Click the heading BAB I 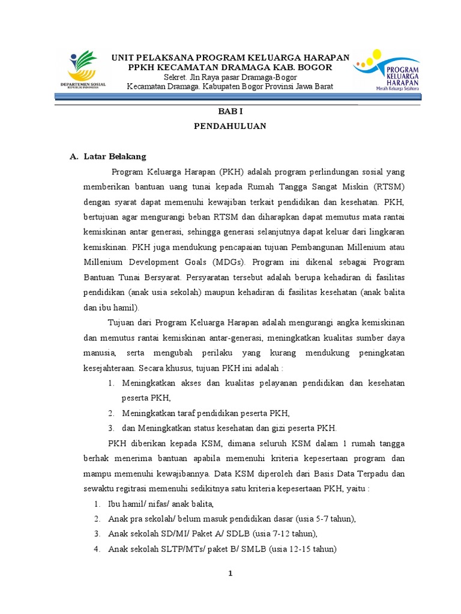pos(230,112)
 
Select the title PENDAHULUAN pos(230,127)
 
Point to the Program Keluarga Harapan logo pos(385,70)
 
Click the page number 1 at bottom pos(230,574)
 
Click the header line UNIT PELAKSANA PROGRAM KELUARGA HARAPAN pos(230,57)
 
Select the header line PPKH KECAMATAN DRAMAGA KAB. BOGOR pos(230,67)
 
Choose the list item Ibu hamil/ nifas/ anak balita pos(161,503)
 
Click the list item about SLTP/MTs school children pos(222,549)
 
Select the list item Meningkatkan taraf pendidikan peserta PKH pos(205,413)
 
